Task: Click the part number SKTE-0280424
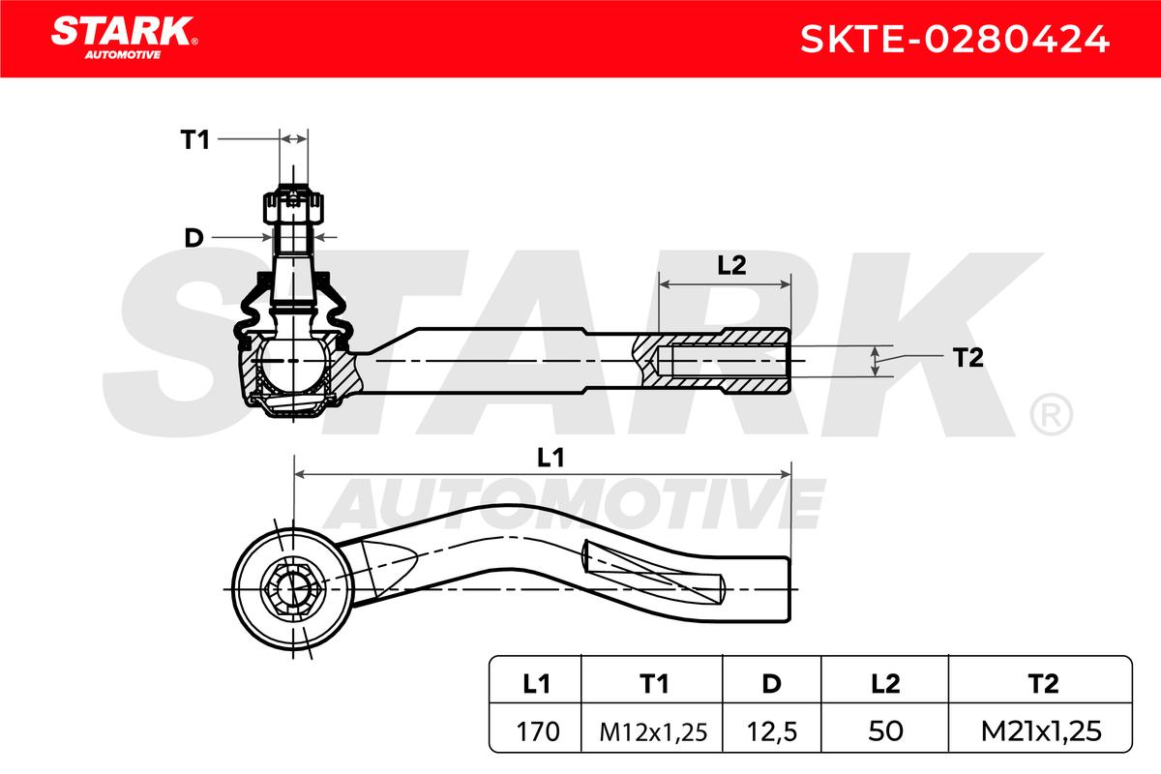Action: click(x=954, y=39)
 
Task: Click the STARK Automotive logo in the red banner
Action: click(x=124, y=38)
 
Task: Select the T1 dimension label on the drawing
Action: click(x=194, y=140)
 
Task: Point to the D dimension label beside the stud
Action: click(x=193, y=238)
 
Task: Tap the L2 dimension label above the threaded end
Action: click(x=731, y=265)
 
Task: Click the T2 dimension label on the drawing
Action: click(x=967, y=358)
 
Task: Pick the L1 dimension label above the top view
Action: click(x=551, y=459)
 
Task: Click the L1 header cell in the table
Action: click(x=536, y=684)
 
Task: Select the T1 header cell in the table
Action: click(x=652, y=684)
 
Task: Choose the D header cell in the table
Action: click(x=772, y=684)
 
